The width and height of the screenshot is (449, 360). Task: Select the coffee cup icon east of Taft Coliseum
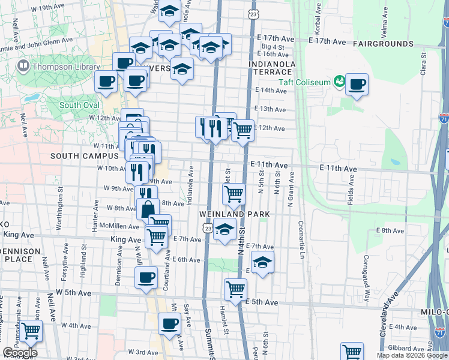pyautogui.click(x=357, y=85)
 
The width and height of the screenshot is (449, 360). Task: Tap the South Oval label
pyautogui.click(x=79, y=105)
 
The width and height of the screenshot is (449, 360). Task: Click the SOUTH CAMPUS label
pyautogui.click(x=85, y=155)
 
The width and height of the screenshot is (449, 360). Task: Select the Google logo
pyautogui.click(x=20, y=353)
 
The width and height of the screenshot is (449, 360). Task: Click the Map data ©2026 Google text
pyautogui.click(x=412, y=355)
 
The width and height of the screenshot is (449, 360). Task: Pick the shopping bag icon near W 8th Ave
pyautogui.click(x=148, y=209)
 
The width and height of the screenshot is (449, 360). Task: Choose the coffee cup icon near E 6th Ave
pyautogui.click(x=146, y=277)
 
